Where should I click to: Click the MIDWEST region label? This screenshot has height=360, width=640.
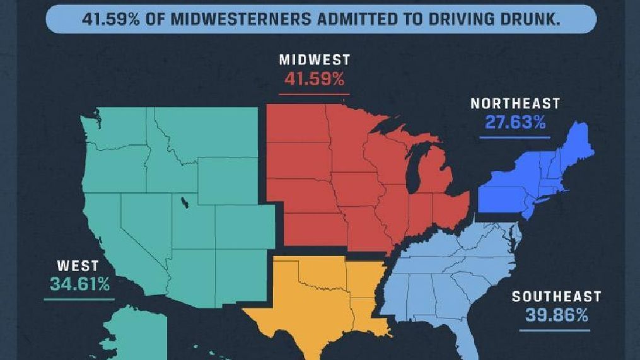pyautogui.click(x=314, y=61)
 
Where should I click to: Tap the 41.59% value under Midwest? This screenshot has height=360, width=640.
pyautogui.click(x=314, y=79)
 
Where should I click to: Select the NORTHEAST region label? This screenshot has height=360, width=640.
pyautogui.click(x=515, y=104)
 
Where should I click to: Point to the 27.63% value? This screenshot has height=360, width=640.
pyautogui.click(x=515, y=122)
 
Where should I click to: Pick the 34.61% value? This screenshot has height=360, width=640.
pyautogui.click(x=80, y=284)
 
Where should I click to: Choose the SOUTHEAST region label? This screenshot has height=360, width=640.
pyautogui.click(x=556, y=296)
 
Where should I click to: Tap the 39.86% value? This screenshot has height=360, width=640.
pyautogui.click(x=556, y=315)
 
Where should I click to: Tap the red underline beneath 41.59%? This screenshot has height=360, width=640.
pyautogui.click(x=314, y=94)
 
